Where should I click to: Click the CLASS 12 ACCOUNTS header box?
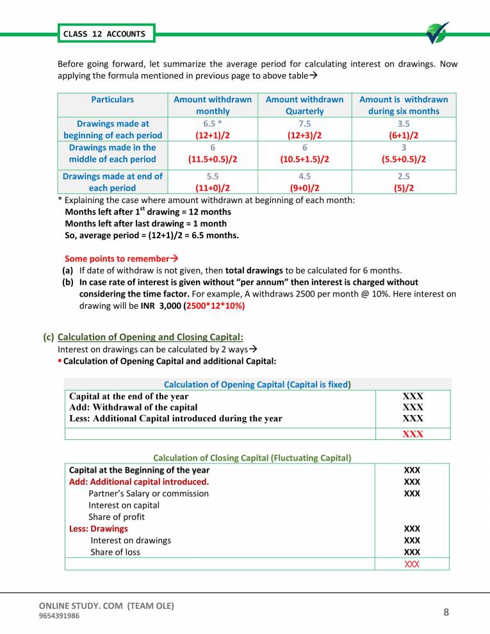pos(104,34)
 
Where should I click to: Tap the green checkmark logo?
pos(438,33)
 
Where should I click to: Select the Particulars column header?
pos(112,99)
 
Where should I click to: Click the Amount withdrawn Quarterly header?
pos(304,105)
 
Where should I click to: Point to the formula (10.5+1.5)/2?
pos(304,159)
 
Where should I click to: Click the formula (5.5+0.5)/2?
pos(404,159)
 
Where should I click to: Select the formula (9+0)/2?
pos(304,188)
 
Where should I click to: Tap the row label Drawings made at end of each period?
pos(112,182)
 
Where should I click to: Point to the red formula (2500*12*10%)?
pos(215,305)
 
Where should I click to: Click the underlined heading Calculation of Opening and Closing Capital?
pos(150,337)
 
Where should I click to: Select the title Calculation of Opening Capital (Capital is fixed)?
pos(258,384)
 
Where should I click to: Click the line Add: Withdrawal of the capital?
pos(133,407)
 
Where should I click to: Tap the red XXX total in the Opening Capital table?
pos(412,434)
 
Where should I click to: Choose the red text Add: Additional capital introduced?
pos(139,482)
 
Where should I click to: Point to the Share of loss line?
pos(115,552)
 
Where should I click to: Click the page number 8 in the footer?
pos(446,613)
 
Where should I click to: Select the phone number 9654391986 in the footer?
pos(60,616)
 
